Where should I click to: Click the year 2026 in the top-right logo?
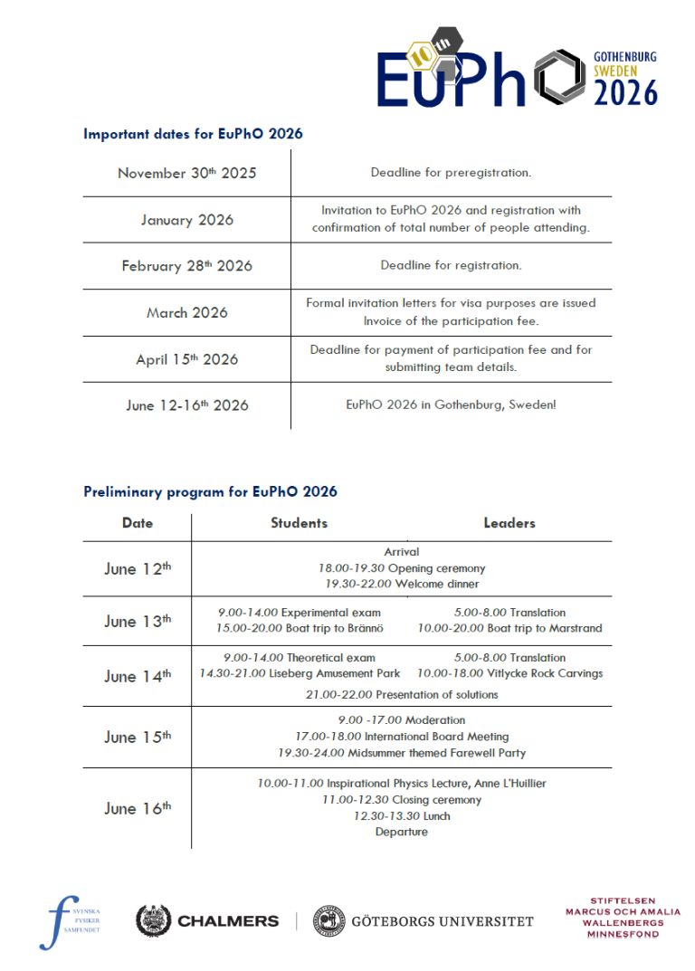[x=625, y=92]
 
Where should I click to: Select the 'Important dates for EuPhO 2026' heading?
[x=193, y=134]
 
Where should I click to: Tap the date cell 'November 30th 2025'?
[x=186, y=173]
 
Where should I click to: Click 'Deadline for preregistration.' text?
[x=451, y=173]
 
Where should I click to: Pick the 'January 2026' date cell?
[x=186, y=220]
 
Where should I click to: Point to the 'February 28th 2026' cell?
[x=186, y=266]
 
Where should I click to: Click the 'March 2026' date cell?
[x=186, y=313]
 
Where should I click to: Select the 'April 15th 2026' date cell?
[x=186, y=359]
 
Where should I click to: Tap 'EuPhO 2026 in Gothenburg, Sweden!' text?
[x=451, y=405]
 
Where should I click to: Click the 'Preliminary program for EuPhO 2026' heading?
[x=210, y=492]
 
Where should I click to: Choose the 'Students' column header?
[x=299, y=523]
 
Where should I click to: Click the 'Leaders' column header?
[x=509, y=523]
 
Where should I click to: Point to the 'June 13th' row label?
[x=137, y=622]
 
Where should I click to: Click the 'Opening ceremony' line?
[x=401, y=568]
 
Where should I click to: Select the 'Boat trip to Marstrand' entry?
[x=509, y=628]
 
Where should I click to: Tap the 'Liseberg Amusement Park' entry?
[x=300, y=673]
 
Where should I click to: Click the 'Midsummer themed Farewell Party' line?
[x=401, y=753]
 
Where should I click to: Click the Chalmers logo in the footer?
[x=207, y=921]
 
